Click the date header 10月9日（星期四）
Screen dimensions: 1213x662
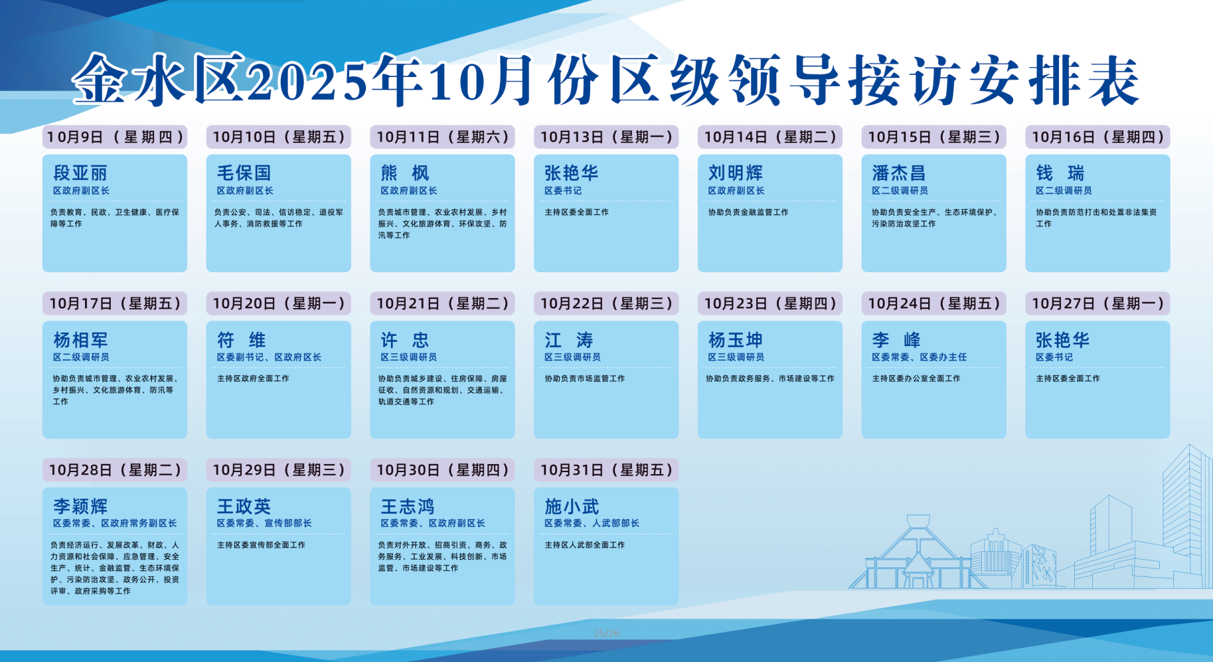click(115, 137)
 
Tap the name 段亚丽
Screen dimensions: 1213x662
click(80, 173)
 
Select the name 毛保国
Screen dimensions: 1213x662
click(244, 173)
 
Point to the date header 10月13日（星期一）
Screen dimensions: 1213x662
click(606, 137)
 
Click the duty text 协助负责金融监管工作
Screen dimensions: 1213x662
click(748, 212)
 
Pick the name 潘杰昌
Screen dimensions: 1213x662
click(899, 173)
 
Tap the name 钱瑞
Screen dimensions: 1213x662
click(1060, 173)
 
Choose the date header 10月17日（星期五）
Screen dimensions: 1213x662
click(115, 303)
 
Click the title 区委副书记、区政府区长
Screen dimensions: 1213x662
click(269, 357)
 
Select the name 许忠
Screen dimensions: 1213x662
click(405, 340)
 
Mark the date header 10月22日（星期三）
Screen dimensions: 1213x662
click(606, 303)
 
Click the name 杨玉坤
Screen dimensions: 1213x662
click(736, 340)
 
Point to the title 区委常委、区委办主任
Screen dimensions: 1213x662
click(920, 357)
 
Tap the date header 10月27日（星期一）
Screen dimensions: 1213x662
click(1097, 303)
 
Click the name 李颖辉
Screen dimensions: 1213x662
click(80, 507)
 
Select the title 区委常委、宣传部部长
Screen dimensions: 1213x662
click(264, 523)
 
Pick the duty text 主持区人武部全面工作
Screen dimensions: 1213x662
click(585, 545)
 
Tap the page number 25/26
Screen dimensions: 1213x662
click(606, 633)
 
